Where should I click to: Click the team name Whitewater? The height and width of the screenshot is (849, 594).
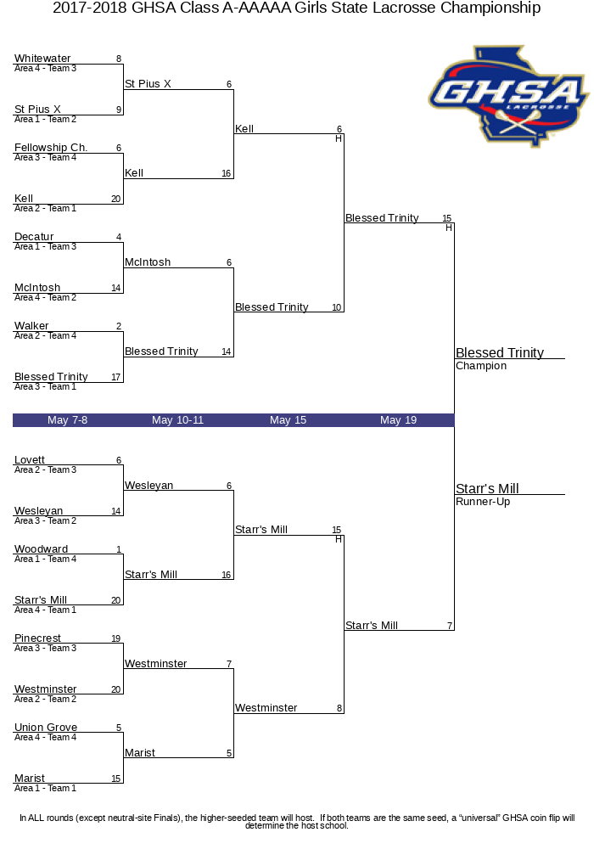pos(42,59)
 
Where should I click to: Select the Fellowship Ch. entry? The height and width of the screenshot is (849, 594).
pos(51,148)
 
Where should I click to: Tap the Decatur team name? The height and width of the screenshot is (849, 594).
pos(34,237)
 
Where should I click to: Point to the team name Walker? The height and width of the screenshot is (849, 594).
pos(31,326)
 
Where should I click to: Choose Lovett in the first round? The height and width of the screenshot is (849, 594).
pos(30,460)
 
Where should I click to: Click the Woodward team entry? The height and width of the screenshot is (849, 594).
pos(41,549)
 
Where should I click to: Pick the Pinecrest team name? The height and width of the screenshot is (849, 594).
pos(37,638)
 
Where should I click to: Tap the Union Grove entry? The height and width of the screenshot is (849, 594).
pos(46,728)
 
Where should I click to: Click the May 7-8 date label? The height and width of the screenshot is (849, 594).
pos(68,420)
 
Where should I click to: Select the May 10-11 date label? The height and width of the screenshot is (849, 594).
pos(177,420)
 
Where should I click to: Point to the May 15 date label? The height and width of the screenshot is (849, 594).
pos(288,420)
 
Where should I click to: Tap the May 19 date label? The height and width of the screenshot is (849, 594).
pos(398,420)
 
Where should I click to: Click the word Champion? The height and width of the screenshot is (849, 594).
pos(481,366)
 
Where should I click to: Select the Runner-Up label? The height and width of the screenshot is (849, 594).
pos(483,502)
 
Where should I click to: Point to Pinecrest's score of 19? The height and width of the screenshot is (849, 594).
pos(115,638)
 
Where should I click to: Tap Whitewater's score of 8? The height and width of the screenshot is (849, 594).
pos(119,59)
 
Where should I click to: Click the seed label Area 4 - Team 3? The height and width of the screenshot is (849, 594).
pos(45,68)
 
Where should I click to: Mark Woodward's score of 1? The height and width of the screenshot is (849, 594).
pos(119,550)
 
